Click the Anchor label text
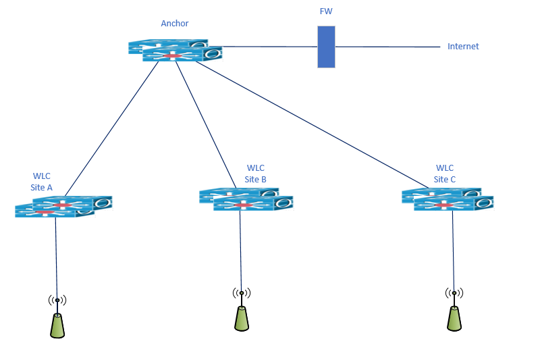click(174, 24)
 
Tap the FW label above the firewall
click(326, 12)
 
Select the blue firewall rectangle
click(326, 47)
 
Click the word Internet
click(463, 47)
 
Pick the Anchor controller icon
click(175, 51)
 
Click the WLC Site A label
click(42, 182)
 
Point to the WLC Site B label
click(256, 174)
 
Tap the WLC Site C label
click(445, 174)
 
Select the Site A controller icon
click(63, 206)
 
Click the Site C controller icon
click(448, 199)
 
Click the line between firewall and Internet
click(388, 47)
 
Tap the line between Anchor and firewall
click(270, 47)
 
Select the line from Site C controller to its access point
click(453, 250)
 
